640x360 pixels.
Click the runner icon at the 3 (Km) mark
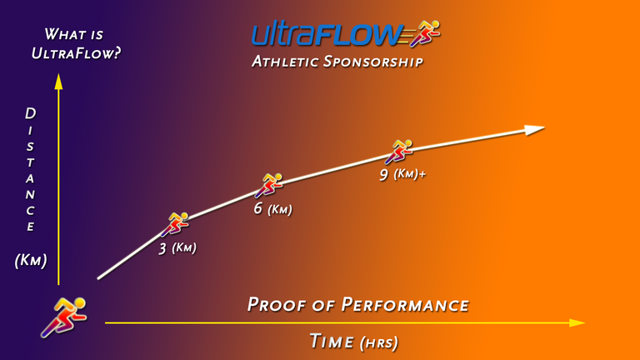coord(176,223)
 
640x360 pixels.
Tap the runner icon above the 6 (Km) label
coord(269,185)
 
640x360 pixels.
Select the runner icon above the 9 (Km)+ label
coord(399,152)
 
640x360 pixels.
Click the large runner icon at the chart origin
coord(64,317)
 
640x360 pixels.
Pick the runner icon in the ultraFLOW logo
coord(425,32)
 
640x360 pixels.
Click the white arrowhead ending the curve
coord(534,130)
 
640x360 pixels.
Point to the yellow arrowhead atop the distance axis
coord(59,81)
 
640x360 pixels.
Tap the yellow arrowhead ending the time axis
coord(577,322)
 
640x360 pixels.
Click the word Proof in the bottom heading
coord(277,305)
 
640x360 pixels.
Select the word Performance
coord(405,305)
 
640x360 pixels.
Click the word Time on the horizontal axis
coord(332,341)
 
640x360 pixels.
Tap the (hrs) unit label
coord(379,342)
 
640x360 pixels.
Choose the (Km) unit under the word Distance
coord(31,260)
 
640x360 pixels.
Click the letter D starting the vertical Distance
coord(31,113)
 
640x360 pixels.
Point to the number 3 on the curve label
coord(162,248)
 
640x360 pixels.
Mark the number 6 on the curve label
coord(257,208)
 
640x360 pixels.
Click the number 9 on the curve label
coord(383,175)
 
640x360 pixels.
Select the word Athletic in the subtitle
coord(285,62)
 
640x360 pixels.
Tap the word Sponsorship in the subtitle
coord(373,62)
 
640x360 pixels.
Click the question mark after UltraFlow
coord(117,53)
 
